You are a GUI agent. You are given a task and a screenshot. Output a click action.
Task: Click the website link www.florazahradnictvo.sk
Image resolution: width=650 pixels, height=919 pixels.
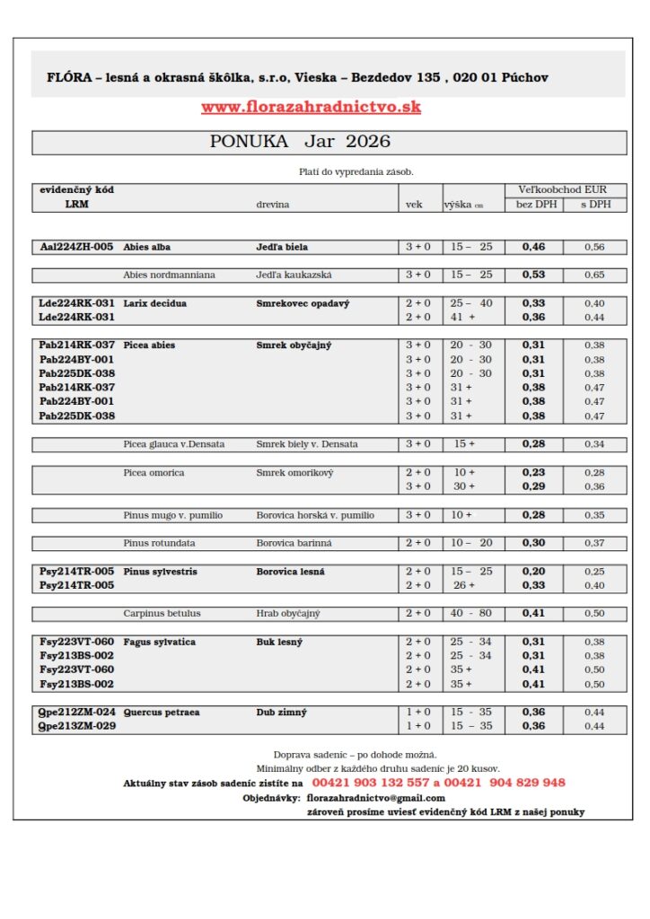click(x=311, y=107)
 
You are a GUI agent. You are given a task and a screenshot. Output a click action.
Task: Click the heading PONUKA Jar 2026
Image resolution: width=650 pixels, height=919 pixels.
click(x=300, y=142)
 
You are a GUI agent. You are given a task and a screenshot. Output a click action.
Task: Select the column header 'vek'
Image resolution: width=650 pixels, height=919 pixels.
click(x=414, y=205)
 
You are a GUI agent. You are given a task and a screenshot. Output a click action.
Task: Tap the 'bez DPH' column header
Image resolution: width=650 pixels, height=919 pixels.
click(x=536, y=205)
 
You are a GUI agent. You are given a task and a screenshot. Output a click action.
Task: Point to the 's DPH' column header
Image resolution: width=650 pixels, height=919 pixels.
click(x=594, y=205)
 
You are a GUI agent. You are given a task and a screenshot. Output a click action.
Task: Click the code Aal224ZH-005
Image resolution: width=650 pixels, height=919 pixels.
click(x=76, y=247)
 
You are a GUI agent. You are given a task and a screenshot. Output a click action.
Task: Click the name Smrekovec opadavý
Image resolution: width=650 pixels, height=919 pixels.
click(x=303, y=303)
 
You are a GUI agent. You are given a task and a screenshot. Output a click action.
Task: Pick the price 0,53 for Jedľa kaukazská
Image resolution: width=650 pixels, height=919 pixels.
click(x=533, y=275)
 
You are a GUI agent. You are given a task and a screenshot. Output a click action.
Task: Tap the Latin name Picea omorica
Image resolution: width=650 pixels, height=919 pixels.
click(x=154, y=472)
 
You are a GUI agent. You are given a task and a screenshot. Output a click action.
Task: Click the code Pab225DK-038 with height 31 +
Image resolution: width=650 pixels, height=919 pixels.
click(x=76, y=416)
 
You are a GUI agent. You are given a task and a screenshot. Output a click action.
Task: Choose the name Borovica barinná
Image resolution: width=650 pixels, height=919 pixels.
click(x=294, y=543)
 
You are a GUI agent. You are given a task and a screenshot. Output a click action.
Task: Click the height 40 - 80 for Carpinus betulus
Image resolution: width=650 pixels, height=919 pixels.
click(x=471, y=614)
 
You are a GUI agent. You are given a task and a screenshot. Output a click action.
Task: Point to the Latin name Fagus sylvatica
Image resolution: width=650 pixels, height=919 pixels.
click(x=159, y=642)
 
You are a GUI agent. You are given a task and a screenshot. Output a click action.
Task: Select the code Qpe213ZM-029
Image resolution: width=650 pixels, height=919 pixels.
click(x=76, y=726)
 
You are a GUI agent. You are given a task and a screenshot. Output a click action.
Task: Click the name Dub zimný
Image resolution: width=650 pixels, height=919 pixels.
click(x=281, y=712)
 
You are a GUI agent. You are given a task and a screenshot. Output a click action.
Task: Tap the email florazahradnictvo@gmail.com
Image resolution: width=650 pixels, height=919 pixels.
click(x=375, y=798)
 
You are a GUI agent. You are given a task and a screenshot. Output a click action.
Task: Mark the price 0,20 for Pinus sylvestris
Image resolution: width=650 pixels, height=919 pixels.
click(x=533, y=572)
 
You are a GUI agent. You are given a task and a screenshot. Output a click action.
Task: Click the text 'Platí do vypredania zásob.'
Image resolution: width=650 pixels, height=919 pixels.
click(x=356, y=171)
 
